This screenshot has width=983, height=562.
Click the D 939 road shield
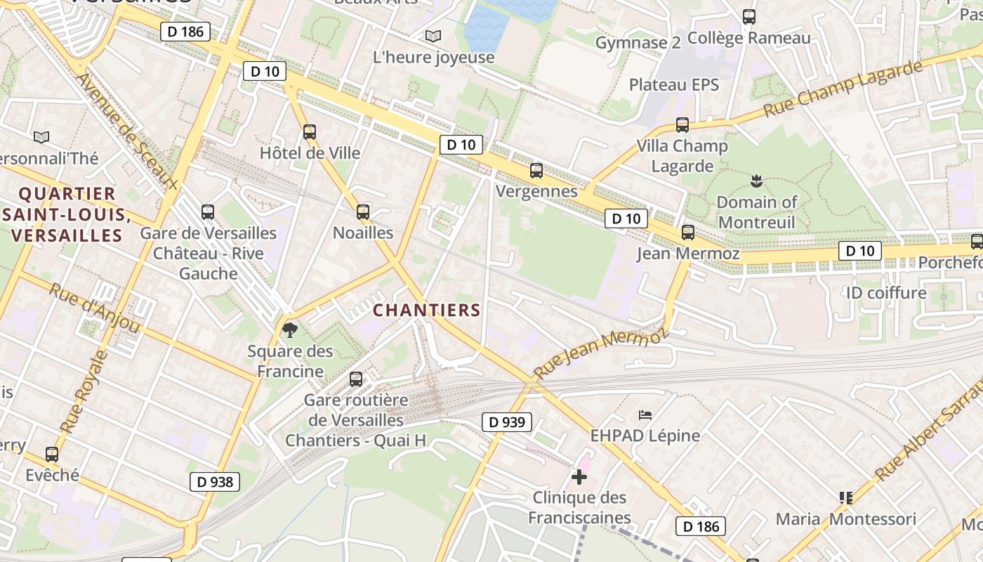pyautogui.click(x=506, y=422)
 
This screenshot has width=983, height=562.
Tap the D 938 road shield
pyautogui.click(x=215, y=482)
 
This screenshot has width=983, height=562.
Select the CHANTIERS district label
pyautogui.click(x=427, y=310)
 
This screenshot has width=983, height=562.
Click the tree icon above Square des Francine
pyautogui.click(x=289, y=329)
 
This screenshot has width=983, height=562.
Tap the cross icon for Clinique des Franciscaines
pyautogui.click(x=579, y=477)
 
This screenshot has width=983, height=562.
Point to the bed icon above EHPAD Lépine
pyautogui.click(x=645, y=415)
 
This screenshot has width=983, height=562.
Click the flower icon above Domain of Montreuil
pyautogui.click(x=756, y=181)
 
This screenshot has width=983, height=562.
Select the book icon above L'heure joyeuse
pyautogui.click(x=433, y=36)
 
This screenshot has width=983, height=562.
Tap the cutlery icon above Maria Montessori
pyautogui.click(x=845, y=498)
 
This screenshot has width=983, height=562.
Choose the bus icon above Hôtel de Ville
pyautogui.click(x=310, y=131)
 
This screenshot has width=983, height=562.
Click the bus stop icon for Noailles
pyautogui.click(x=363, y=211)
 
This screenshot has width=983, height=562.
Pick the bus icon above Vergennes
pyautogui.click(x=536, y=170)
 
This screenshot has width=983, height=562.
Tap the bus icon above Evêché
pyautogui.click(x=52, y=454)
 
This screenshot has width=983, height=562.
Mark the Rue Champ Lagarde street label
pyautogui.click(x=842, y=89)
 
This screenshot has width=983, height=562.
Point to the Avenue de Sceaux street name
pyautogui.click(x=126, y=131)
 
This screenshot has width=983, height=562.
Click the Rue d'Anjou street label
pyautogui.click(x=95, y=307)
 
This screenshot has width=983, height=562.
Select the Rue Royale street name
pyautogui.click(x=84, y=391)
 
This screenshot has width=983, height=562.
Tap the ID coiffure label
pyautogui.click(x=886, y=292)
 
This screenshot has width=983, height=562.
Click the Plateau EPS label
pyautogui.click(x=674, y=85)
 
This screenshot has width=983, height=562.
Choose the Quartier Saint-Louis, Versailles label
pyautogui.click(x=67, y=214)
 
